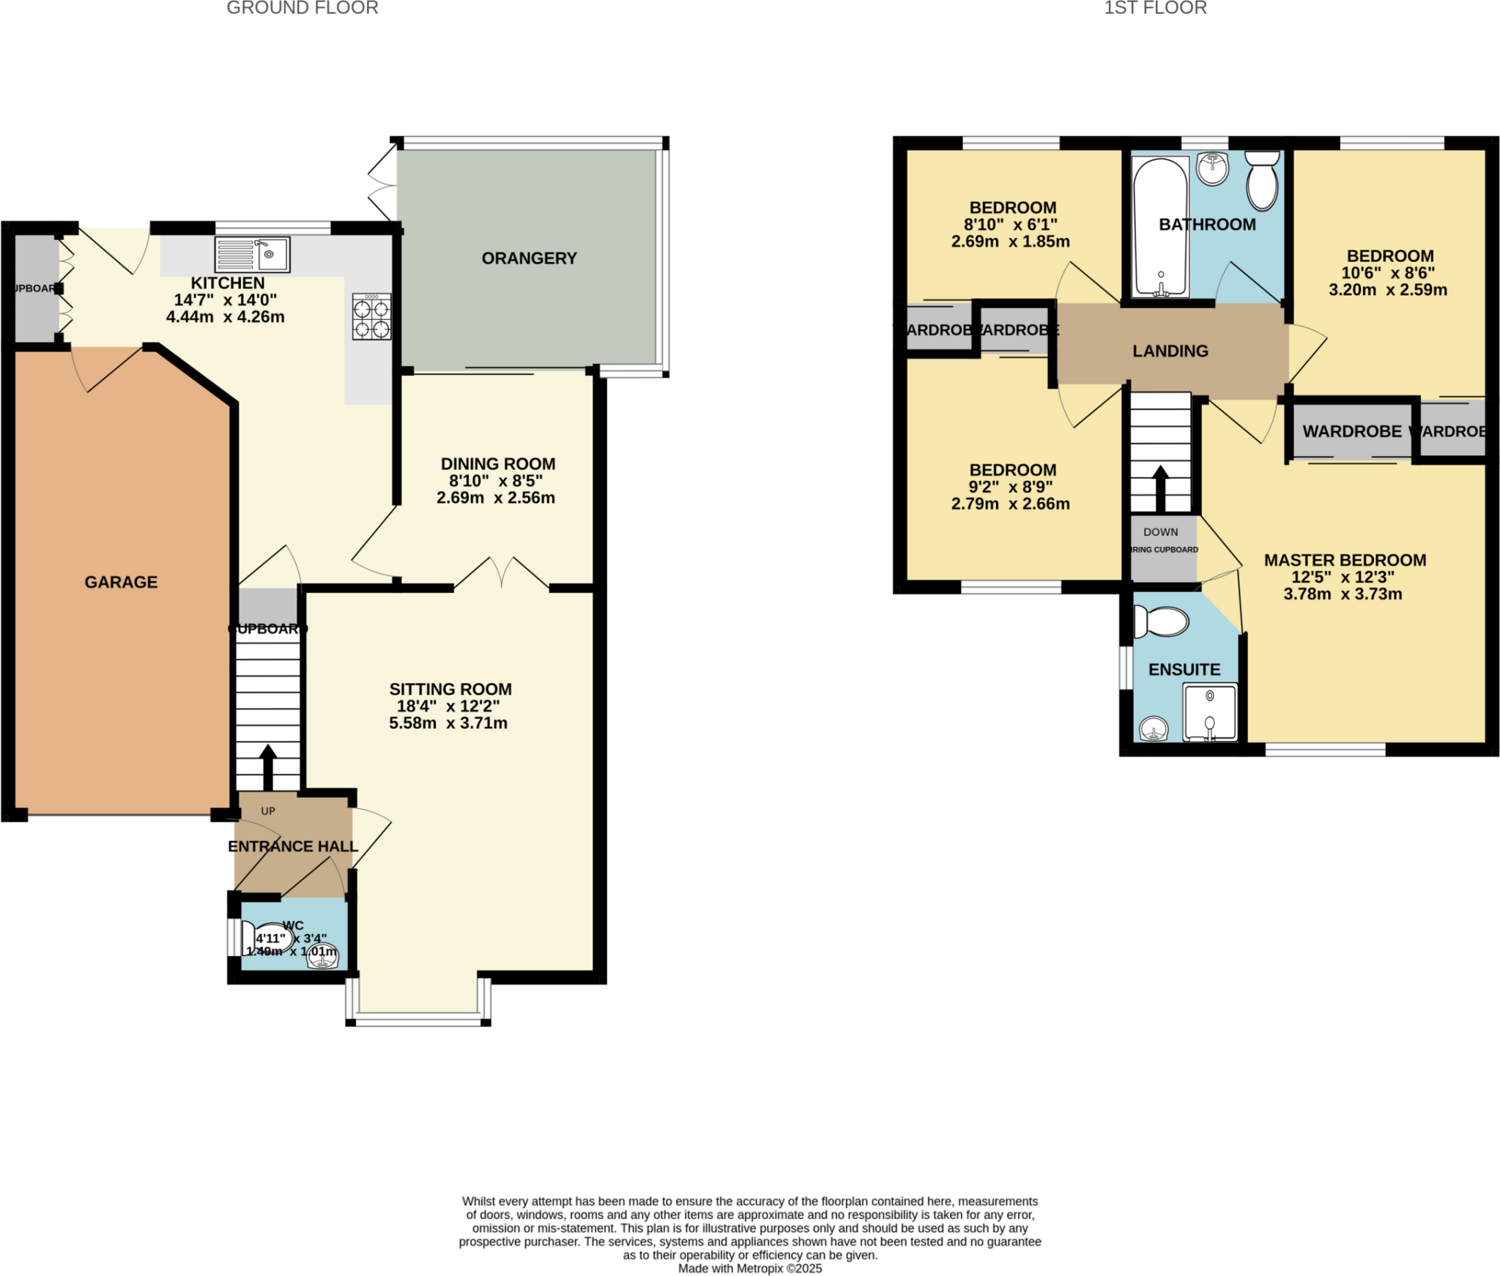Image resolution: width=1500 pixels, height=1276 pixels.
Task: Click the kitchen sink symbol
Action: [252, 254]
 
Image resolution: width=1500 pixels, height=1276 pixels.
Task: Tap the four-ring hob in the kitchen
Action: [371, 317]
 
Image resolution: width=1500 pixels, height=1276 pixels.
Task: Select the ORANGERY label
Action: [529, 258]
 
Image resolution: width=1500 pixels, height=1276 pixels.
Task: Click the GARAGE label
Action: [121, 582]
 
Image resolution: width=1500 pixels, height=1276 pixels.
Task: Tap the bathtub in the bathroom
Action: [1160, 227]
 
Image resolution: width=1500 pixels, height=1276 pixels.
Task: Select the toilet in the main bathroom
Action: [1262, 180]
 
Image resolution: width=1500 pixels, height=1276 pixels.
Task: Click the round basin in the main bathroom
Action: [1213, 169]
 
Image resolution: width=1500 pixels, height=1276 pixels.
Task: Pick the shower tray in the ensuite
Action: [1210, 712]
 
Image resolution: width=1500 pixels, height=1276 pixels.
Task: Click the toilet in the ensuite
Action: [1161, 622]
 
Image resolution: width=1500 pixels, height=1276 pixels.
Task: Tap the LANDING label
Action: [1170, 351]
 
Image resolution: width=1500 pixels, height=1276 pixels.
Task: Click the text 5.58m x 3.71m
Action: [448, 723]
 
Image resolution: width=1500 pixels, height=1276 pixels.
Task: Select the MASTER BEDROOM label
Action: [1345, 560]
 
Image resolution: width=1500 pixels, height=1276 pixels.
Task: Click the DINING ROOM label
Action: [498, 464]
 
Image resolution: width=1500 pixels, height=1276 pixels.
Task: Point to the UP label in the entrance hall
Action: [268, 811]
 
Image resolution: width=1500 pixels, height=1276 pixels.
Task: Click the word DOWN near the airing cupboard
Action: [1161, 532]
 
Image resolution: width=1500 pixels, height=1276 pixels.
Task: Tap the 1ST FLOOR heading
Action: [1156, 9]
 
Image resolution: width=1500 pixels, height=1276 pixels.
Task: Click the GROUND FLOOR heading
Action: [302, 9]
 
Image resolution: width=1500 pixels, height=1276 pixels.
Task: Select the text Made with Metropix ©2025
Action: [750, 1269]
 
